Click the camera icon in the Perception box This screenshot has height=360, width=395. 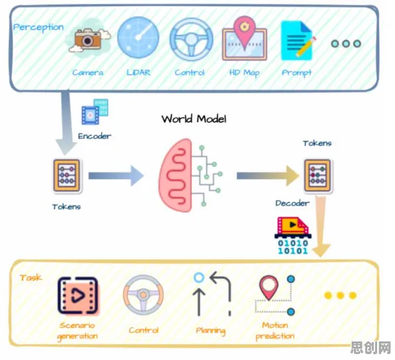88,40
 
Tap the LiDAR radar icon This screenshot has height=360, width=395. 139,37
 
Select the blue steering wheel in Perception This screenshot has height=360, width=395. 191,39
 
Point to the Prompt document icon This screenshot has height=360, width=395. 298,41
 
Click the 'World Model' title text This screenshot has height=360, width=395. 194,119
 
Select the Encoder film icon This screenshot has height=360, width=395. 95,111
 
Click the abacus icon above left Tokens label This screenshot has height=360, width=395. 67,176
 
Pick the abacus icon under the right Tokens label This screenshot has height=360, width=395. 317,176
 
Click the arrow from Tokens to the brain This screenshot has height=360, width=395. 116,176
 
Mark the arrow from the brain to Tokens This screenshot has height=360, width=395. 268,176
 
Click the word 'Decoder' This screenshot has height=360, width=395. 292,203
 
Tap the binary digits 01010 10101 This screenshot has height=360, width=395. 293,247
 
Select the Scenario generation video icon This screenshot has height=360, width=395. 78,296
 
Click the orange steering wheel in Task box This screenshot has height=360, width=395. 143,295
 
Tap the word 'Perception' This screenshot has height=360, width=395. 38,27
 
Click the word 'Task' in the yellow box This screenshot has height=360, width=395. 30,278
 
